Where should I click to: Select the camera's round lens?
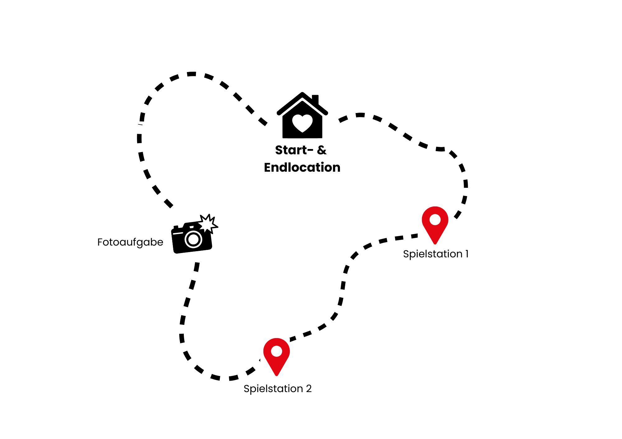pyautogui.click(x=193, y=239)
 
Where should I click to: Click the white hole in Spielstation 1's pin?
pyautogui.click(x=435, y=219)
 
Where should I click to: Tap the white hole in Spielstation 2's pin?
pyautogui.click(x=276, y=351)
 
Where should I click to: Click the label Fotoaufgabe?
pyautogui.click(x=130, y=242)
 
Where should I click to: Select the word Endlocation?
pyautogui.click(x=302, y=167)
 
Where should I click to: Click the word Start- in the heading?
pyautogui.click(x=294, y=150)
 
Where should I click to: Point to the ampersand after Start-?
pyautogui.click(x=322, y=150)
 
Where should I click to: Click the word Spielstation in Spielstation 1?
pyautogui.click(x=433, y=254)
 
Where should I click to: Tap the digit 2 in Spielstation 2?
pyautogui.click(x=309, y=389)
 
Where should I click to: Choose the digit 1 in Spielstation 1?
pyautogui.click(x=467, y=254)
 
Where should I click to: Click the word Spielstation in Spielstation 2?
pyautogui.click(x=273, y=389)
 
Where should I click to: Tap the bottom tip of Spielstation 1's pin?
pyautogui.click(x=435, y=244)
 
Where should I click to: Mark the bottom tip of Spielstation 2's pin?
pyautogui.click(x=276, y=376)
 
